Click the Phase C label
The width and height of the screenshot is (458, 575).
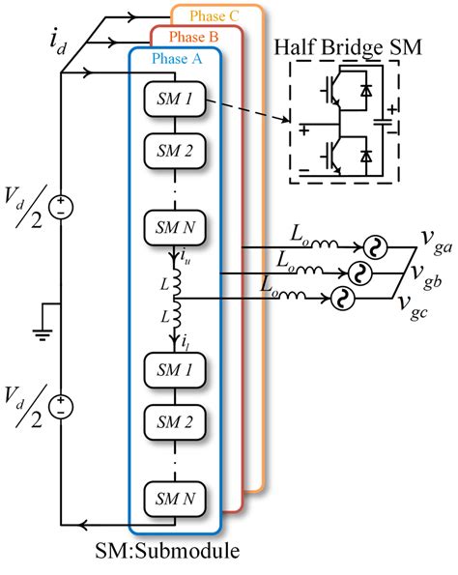click(x=215, y=16)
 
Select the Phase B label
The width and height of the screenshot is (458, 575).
click(x=193, y=37)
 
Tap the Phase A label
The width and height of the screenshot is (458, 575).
click(x=177, y=59)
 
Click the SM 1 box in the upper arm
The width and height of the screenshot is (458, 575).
click(x=175, y=100)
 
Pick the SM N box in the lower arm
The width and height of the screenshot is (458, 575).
click(x=175, y=499)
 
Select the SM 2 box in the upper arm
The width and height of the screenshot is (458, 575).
click(x=175, y=151)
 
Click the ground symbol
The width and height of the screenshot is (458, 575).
click(x=43, y=334)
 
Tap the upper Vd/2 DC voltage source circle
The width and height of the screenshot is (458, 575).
click(x=61, y=207)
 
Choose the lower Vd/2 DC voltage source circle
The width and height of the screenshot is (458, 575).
click(x=61, y=407)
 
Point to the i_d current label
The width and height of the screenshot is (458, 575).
click(x=58, y=43)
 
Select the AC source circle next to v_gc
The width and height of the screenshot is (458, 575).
click(x=343, y=299)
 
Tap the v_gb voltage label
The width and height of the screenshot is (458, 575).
click(x=426, y=276)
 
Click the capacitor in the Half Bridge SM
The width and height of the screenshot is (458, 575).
click(x=384, y=123)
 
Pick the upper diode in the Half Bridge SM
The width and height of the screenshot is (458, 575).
click(x=366, y=90)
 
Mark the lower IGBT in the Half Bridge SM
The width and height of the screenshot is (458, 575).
click(x=332, y=157)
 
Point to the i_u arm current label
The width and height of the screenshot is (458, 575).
click(x=186, y=258)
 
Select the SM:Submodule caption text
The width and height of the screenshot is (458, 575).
click(x=167, y=551)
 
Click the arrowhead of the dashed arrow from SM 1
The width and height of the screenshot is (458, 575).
click(x=286, y=119)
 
